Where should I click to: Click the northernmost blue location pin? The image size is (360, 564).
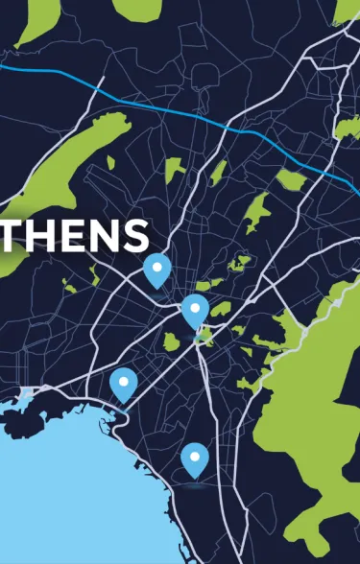pyautogui.click(x=156, y=270)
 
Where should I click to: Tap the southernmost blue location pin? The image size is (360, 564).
pyautogui.click(x=195, y=458)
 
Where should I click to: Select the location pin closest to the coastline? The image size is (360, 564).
pyautogui.click(x=123, y=384)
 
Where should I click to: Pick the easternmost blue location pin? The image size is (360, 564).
pyautogui.click(x=195, y=311)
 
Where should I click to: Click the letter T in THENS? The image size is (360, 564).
pyautogui.click(x=12, y=235)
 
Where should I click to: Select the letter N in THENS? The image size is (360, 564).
pyautogui.click(x=104, y=235)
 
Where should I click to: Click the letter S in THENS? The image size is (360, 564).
pyautogui.click(x=135, y=235)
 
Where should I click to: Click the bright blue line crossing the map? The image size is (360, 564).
pyautogui.click(x=192, y=114)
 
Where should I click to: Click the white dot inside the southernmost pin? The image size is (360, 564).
pyautogui.click(x=195, y=455)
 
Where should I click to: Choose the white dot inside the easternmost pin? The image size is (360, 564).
pyautogui.click(x=195, y=307)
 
